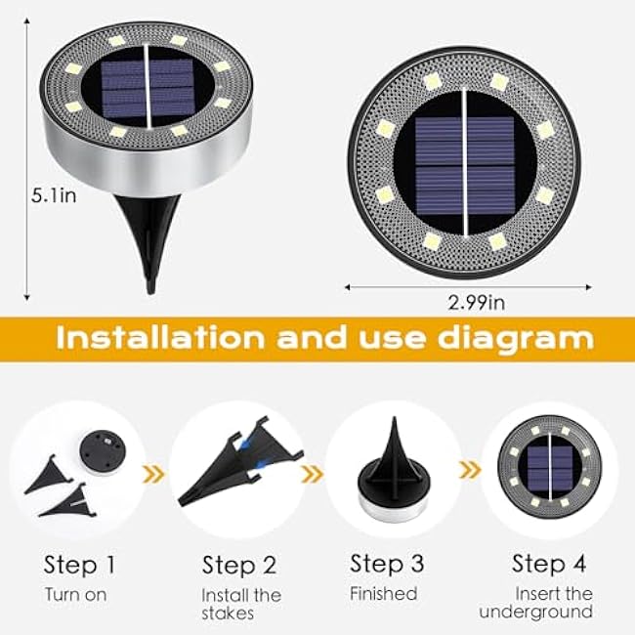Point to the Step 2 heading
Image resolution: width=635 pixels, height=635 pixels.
[x=239, y=566]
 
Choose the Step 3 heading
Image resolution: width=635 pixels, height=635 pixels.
[x=387, y=564]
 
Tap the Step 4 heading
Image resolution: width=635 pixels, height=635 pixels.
[x=549, y=564]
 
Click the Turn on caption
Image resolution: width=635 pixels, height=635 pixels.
[x=75, y=594]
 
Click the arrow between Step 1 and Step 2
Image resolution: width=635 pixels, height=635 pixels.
[x=152, y=475]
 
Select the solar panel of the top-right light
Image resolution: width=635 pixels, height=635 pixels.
[x=464, y=163]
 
